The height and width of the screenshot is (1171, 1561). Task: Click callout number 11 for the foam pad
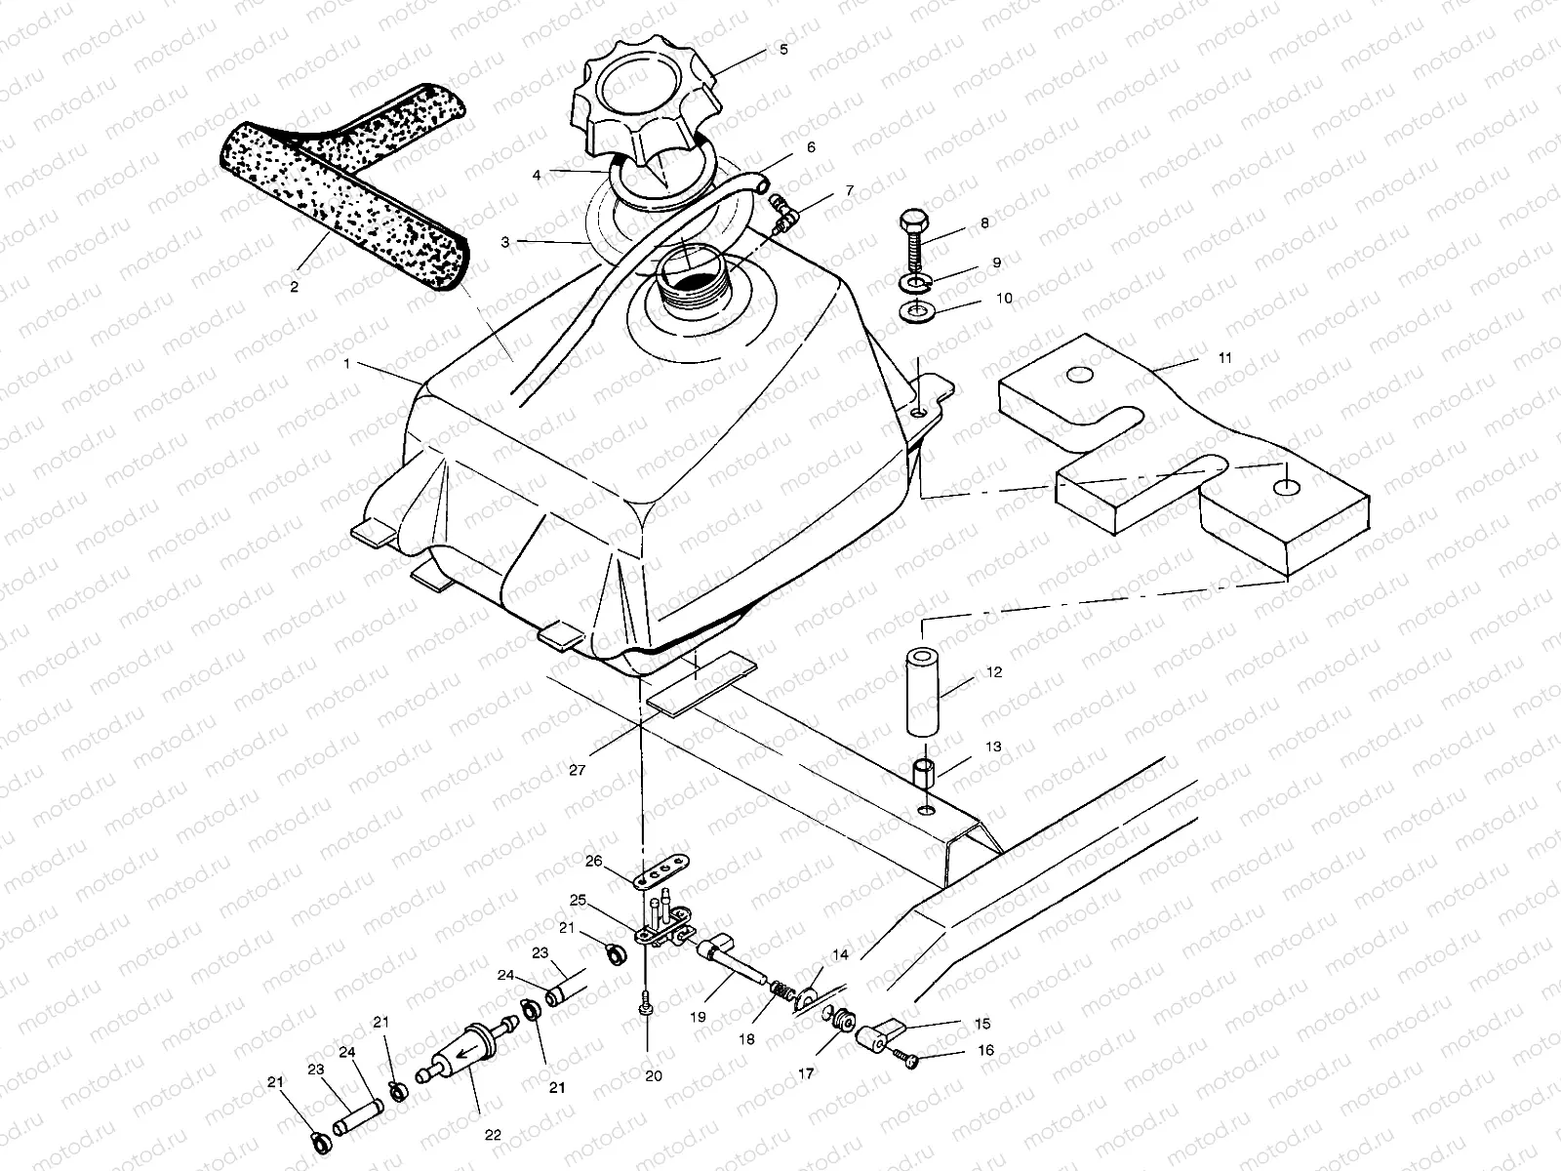tap(1224, 358)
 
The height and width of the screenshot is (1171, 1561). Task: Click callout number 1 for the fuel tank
tap(346, 363)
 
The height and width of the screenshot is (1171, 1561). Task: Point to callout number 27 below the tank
tap(577, 770)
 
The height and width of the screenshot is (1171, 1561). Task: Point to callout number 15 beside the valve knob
tap(982, 1024)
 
